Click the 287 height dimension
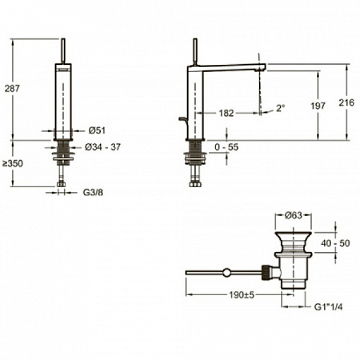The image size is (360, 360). [12, 88]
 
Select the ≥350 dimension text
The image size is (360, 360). [12, 163]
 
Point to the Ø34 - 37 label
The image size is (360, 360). [103, 147]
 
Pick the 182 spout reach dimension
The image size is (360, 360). [227, 113]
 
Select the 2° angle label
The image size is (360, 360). [280, 109]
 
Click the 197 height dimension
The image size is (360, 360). [318, 106]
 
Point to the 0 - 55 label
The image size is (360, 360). [226, 146]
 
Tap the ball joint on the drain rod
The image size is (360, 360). [226, 272]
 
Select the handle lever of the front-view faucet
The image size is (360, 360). [62, 51]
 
